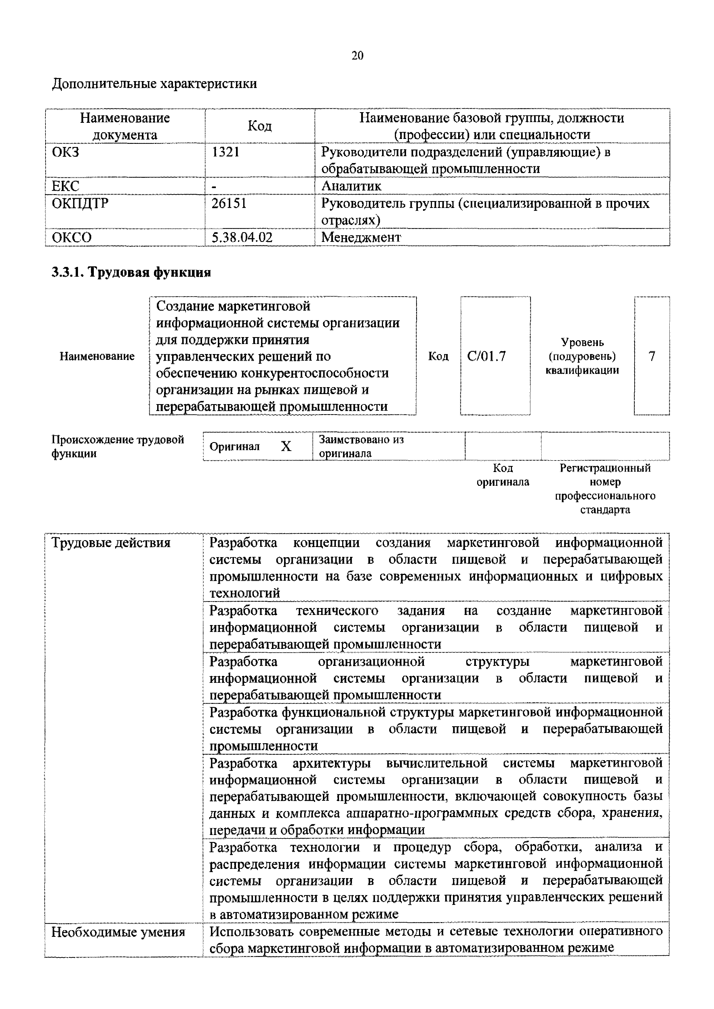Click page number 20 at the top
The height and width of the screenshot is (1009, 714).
point(357,56)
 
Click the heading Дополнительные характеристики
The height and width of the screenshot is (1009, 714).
point(154,83)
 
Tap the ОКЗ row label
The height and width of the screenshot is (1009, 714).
point(66,152)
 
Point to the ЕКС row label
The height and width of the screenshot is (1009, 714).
point(66,186)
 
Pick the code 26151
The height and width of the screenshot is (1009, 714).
point(229,203)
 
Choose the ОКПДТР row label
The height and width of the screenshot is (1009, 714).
point(80,203)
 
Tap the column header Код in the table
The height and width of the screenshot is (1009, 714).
point(259,126)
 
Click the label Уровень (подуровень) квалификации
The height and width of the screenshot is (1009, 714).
point(582,356)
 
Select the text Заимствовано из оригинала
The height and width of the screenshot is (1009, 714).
point(361,446)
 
